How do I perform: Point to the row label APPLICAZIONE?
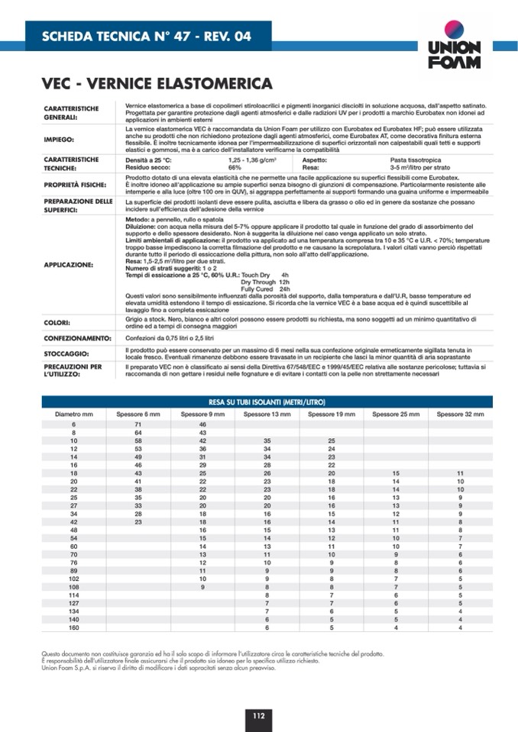tap(69, 265)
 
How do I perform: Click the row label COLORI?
tap(57, 323)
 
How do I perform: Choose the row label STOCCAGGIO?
tap(66, 353)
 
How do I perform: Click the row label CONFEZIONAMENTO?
tap(78, 337)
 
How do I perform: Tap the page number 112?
tap(258, 715)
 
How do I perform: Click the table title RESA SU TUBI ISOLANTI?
tap(267, 401)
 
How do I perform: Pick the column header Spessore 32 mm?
tap(460, 414)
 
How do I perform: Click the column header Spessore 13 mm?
tap(267, 414)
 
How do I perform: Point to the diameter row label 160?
tap(74, 627)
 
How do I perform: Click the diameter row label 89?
tap(74, 570)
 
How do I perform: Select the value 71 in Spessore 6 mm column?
tap(138, 424)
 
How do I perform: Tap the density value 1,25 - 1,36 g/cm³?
tap(251, 160)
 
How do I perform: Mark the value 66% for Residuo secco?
tap(235, 167)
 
